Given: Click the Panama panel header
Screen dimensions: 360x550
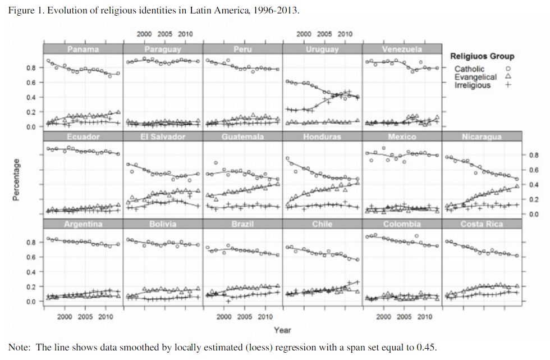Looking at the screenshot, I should (83, 49).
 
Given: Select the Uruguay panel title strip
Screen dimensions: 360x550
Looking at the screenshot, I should (322, 49).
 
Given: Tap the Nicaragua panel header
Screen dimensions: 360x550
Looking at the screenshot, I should (482, 136).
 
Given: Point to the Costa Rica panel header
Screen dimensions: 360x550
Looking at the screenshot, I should (482, 224).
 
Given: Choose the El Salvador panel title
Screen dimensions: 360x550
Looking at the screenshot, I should (163, 136).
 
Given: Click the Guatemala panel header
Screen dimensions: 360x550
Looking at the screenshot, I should (242, 136).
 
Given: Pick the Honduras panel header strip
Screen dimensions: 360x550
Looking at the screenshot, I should (322, 136).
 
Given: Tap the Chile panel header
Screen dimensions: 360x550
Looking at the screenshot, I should (322, 224).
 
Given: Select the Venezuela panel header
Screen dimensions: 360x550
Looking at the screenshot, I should (402, 49).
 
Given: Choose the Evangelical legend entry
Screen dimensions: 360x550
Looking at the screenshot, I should (475, 77).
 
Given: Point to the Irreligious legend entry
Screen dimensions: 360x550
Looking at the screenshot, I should (473, 85).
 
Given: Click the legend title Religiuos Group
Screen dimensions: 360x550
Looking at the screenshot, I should (482, 56).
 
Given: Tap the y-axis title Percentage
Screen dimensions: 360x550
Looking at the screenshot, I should (16, 180).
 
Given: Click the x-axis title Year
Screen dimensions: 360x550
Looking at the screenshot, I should (282, 330).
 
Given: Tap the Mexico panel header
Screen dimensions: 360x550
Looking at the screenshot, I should (402, 136).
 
